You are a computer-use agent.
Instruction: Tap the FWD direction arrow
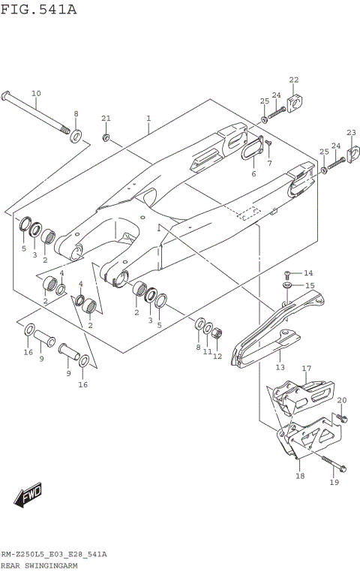(x=28, y=495)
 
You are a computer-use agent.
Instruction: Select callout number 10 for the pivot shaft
(x=36, y=93)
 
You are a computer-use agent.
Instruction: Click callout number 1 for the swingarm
(x=148, y=119)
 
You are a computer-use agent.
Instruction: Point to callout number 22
(x=294, y=80)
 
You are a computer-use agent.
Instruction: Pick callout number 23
(x=351, y=132)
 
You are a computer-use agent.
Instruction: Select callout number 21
(x=106, y=119)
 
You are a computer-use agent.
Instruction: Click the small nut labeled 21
(x=106, y=137)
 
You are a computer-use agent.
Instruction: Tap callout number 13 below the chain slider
(x=280, y=368)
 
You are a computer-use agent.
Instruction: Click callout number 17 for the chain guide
(x=306, y=368)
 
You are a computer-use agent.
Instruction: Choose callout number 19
(x=334, y=483)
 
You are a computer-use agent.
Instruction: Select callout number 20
(x=342, y=399)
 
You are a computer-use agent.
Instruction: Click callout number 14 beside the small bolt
(x=308, y=272)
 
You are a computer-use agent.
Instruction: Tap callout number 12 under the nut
(x=217, y=356)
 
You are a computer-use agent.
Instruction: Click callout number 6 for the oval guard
(x=253, y=173)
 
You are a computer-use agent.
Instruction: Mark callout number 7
(x=269, y=162)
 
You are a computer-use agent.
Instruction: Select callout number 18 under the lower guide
(x=300, y=476)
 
